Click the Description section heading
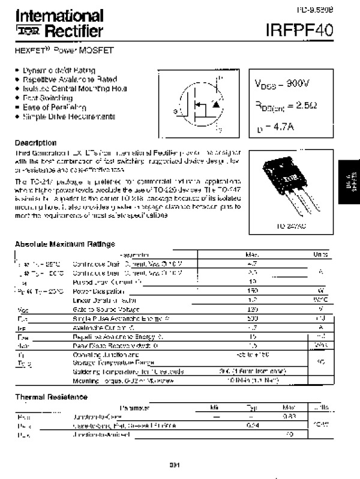click(x=35, y=143)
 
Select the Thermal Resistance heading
click(x=51, y=397)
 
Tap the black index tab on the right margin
click(x=349, y=180)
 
